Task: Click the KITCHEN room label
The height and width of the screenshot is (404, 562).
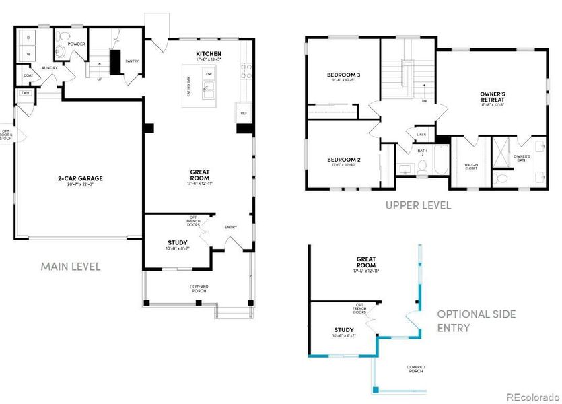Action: click(209, 53)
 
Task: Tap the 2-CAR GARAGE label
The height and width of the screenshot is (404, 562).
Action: click(79, 178)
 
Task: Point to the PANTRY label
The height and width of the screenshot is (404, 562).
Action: click(132, 61)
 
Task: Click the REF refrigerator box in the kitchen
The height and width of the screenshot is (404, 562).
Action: click(244, 113)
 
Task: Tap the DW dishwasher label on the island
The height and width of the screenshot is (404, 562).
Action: click(209, 73)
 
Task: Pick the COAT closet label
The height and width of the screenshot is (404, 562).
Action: click(29, 76)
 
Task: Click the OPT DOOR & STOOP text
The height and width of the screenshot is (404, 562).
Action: click(5, 135)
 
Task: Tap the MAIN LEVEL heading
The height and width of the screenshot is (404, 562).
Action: click(71, 267)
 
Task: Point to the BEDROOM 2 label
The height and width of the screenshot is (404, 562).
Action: click(343, 160)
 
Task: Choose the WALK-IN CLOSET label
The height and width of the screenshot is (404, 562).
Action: click(471, 166)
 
